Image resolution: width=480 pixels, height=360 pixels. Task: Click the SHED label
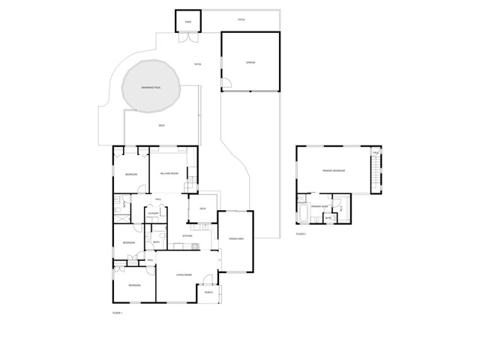[x=187, y=22]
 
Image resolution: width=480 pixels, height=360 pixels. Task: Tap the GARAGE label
[x=250, y=63]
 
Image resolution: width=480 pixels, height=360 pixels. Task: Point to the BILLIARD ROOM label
[x=169, y=173]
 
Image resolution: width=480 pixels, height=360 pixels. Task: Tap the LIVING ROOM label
[x=185, y=277]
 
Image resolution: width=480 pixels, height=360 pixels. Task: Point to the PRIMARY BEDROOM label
[x=334, y=171]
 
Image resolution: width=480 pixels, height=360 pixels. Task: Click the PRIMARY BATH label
[x=317, y=205]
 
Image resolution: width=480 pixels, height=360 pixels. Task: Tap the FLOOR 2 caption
[x=301, y=235]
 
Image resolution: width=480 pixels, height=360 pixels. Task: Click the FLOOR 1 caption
[x=117, y=311]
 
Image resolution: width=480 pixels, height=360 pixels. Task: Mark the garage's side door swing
[x=226, y=83]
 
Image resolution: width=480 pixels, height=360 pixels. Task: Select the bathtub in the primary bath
[x=301, y=213]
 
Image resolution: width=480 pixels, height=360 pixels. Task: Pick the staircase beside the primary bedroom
[x=375, y=169]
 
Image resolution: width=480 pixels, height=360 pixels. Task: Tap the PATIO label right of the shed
[x=241, y=19]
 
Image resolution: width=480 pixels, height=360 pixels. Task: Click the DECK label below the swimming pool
[x=161, y=125]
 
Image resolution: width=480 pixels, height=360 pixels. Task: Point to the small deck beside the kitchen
[x=202, y=208]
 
